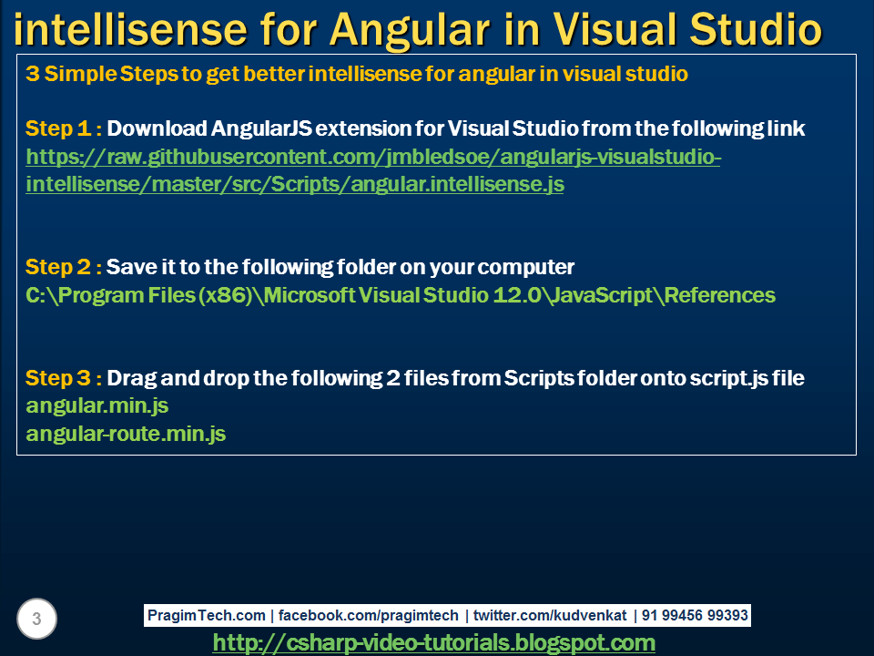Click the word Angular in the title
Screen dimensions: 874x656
410,31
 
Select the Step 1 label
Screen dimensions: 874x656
64,128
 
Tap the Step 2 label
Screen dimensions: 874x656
64,267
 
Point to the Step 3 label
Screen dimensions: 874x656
64,378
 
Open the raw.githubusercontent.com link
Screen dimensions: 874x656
373,170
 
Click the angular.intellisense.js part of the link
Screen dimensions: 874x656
457,184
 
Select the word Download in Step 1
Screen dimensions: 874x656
157,128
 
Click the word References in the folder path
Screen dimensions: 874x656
719,295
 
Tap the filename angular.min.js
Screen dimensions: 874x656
97,406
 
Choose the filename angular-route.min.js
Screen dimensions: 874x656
126,434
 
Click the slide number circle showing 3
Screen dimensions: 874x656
36,619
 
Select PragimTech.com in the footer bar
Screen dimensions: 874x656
207,615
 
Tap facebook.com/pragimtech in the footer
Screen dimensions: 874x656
369,615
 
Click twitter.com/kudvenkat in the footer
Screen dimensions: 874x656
550,615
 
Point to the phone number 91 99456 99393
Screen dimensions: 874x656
695,615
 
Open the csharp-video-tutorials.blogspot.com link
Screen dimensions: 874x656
434,643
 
